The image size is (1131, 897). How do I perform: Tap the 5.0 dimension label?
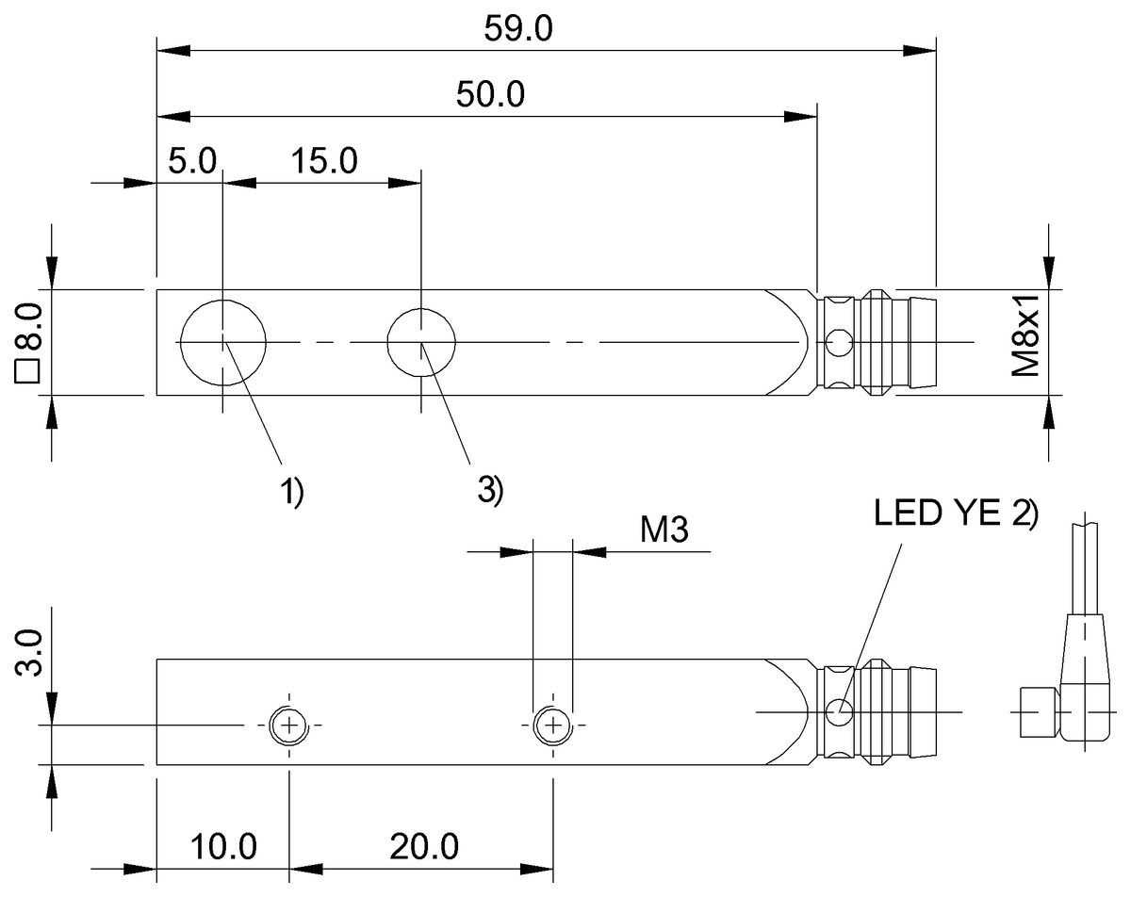coord(193,160)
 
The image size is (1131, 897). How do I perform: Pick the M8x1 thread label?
coord(1024,335)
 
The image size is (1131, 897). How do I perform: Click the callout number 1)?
coord(291,491)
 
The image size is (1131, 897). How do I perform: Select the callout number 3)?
coord(490,490)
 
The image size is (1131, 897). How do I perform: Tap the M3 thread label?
coord(664,530)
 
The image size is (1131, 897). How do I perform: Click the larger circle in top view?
coord(223,342)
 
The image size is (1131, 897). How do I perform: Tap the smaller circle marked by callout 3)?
coord(422,342)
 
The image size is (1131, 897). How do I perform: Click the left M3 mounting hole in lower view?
coord(288,726)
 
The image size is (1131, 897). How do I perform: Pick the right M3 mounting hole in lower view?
coord(552,726)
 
